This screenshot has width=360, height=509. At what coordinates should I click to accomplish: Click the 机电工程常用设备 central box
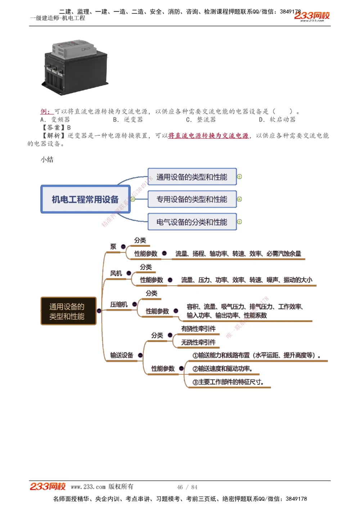click(x=85, y=199)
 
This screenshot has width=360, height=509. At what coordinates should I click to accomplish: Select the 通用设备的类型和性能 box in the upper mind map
click(x=192, y=177)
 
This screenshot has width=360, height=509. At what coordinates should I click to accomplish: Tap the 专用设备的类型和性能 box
click(x=192, y=199)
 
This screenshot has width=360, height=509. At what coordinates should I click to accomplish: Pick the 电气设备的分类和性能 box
click(x=192, y=222)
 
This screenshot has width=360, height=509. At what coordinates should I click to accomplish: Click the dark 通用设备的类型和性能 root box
click(x=68, y=311)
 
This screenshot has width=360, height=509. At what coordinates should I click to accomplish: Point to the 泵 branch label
click(x=113, y=246)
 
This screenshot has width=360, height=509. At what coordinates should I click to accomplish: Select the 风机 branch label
click(x=116, y=273)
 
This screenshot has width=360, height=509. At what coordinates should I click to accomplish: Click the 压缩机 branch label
click(x=119, y=304)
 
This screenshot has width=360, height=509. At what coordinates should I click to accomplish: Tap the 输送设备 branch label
click(x=122, y=355)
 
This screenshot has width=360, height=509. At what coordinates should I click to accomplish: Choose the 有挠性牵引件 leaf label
click(x=198, y=329)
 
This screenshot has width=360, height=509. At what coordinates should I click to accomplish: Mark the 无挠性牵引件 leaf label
click(x=198, y=342)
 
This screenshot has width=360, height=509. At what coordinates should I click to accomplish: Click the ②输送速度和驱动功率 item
click(x=222, y=369)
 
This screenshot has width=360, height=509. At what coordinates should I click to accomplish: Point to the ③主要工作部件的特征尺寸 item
click(x=228, y=382)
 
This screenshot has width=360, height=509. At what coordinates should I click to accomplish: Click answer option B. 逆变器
click(x=128, y=119)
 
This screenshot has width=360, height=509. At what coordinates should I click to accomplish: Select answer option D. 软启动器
click(x=277, y=119)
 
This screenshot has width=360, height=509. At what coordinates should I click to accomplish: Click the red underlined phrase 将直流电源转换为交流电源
click(x=208, y=136)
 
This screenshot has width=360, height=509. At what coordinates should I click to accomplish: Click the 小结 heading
click(x=47, y=159)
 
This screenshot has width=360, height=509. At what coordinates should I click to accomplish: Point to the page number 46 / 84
click(x=187, y=487)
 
